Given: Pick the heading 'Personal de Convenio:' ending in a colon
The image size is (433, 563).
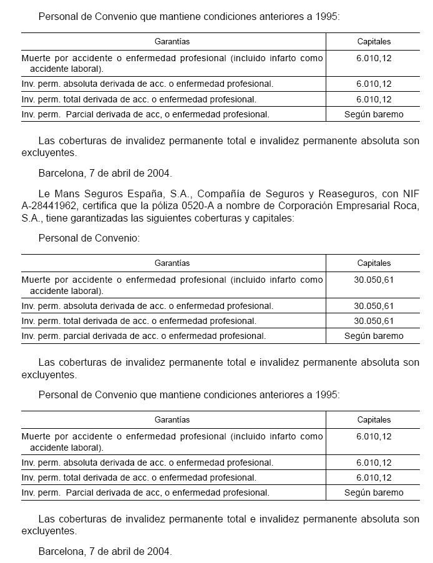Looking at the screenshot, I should point(89,238).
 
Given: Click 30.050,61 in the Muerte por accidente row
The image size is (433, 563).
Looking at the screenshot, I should point(374,280).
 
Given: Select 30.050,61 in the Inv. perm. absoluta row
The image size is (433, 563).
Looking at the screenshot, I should point(374,306).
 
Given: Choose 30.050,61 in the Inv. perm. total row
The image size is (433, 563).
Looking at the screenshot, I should point(374,321).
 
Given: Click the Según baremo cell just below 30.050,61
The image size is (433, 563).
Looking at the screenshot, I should point(374,336).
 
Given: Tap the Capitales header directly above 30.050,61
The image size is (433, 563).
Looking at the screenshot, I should point(374,263).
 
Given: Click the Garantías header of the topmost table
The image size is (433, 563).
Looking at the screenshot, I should point(172,41).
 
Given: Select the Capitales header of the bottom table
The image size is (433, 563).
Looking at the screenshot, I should point(374,419).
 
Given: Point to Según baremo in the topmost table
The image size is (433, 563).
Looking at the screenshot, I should point(374,114).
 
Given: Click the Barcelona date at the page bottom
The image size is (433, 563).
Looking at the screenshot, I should point(105,551).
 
